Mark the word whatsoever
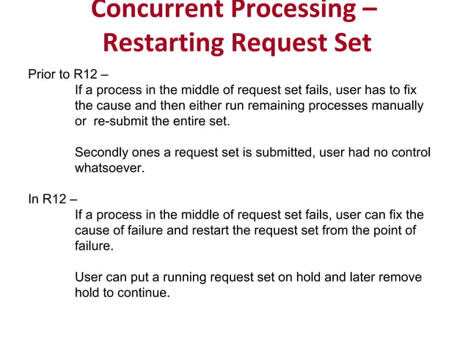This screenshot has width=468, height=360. coord(108,168)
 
